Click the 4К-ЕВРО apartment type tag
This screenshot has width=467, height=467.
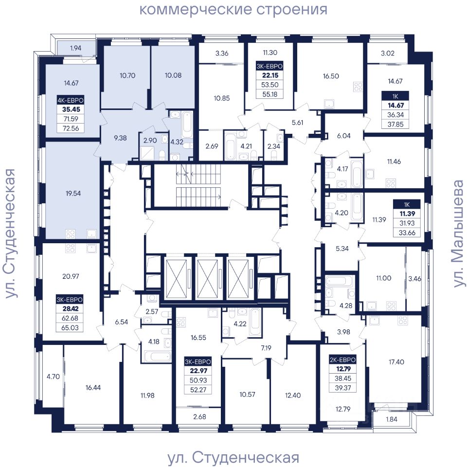tap(71, 100)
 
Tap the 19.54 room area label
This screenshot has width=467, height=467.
tap(73, 193)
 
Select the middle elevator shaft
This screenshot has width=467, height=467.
tap(208, 279)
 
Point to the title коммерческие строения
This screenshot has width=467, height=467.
tap(233, 10)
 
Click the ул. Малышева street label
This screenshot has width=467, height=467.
tap(459, 233)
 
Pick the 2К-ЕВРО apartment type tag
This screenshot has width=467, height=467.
tap(343, 359)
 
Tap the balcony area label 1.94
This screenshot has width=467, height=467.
tap(76, 48)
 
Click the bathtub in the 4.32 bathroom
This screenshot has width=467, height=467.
tap(187, 125)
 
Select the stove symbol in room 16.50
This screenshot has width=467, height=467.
tap(359, 87)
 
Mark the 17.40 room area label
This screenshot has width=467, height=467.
tap(396, 362)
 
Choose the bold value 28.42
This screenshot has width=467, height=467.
tap(71, 308)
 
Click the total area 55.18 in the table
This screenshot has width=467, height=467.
tap(270, 94)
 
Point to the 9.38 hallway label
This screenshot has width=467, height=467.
tap(120, 138)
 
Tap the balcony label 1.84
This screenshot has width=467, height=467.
tap(392, 419)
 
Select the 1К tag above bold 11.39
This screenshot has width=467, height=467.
tap(407, 204)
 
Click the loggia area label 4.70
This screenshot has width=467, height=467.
tap(53, 377)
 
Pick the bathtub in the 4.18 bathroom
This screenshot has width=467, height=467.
tap(157, 357)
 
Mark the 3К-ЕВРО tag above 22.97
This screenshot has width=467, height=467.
tap(198, 361)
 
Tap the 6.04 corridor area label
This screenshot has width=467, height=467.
tap(344, 136)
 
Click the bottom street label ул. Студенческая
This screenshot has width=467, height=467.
tap(233, 458)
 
